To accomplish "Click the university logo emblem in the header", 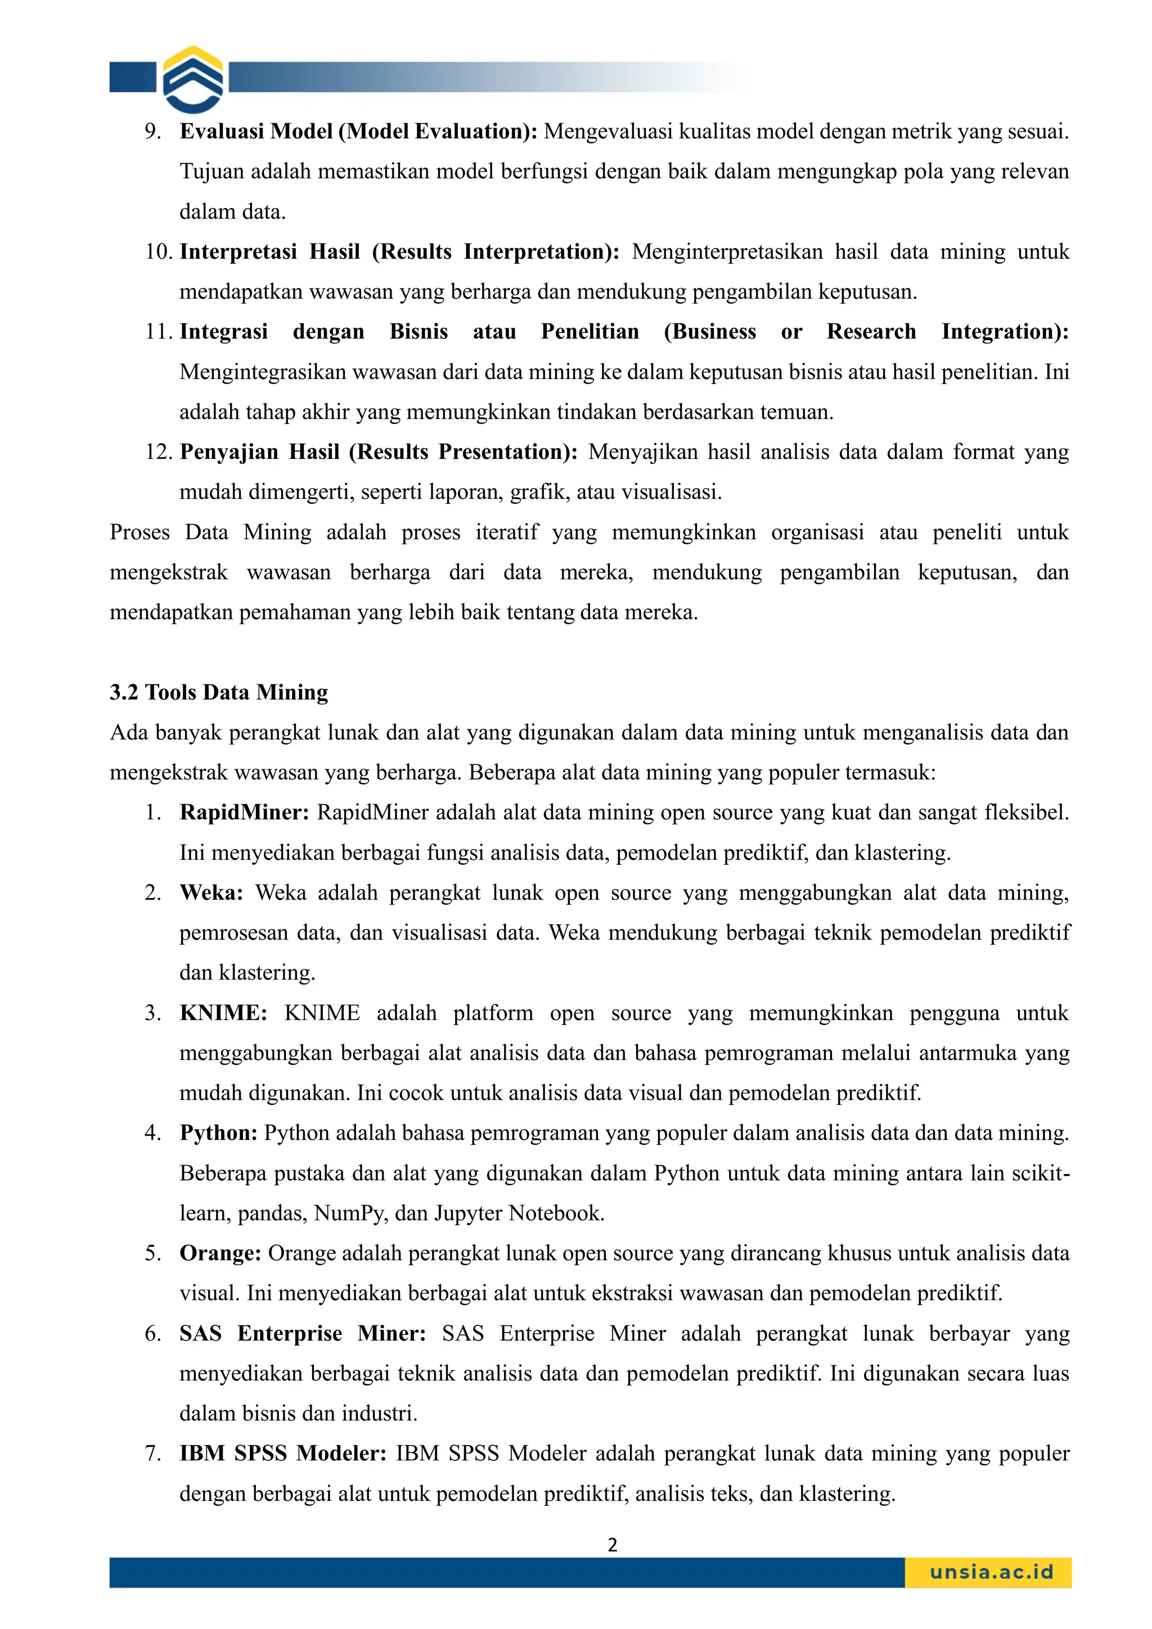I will (193, 79).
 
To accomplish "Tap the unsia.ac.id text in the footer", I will (991, 1572).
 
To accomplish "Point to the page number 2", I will (613, 1545).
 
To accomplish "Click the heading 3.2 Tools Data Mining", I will (219, 692).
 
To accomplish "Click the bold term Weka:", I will (211, 892).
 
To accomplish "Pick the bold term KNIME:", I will (223, 1013).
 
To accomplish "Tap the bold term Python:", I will (218, 1132).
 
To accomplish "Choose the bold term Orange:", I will (220, 1253).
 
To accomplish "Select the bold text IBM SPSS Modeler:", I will (282, 1453).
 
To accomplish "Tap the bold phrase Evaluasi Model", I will (255, 131).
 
